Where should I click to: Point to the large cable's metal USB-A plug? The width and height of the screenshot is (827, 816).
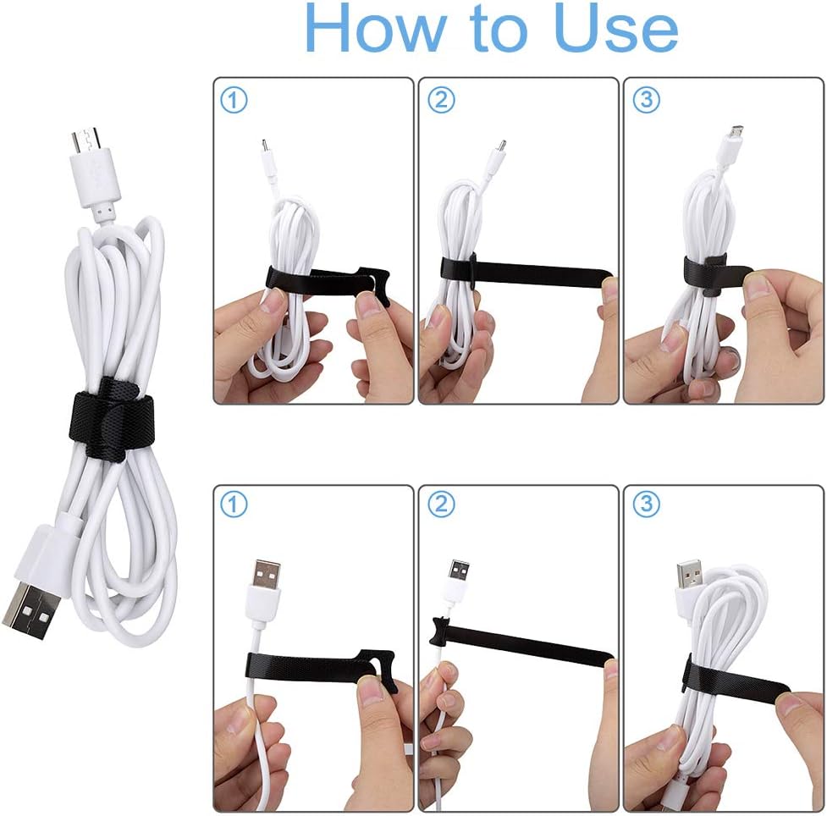pyautogui.click(x=31, y=609)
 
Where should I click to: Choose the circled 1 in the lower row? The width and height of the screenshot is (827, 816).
pyautogui.click(x=234, y=505)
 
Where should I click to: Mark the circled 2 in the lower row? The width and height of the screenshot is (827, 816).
pyautogui.click(x=440, y=505)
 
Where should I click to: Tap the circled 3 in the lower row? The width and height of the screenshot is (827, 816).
pyautogui.click(x=646, y=505)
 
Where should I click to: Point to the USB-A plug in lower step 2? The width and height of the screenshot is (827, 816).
pyautogui.click(x=460, y=571)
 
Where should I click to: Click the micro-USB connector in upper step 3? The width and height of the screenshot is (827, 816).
pyautogui.click(x=736, y=135)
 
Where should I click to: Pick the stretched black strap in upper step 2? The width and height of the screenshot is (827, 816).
pyautogui.click(x=525, y=270)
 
